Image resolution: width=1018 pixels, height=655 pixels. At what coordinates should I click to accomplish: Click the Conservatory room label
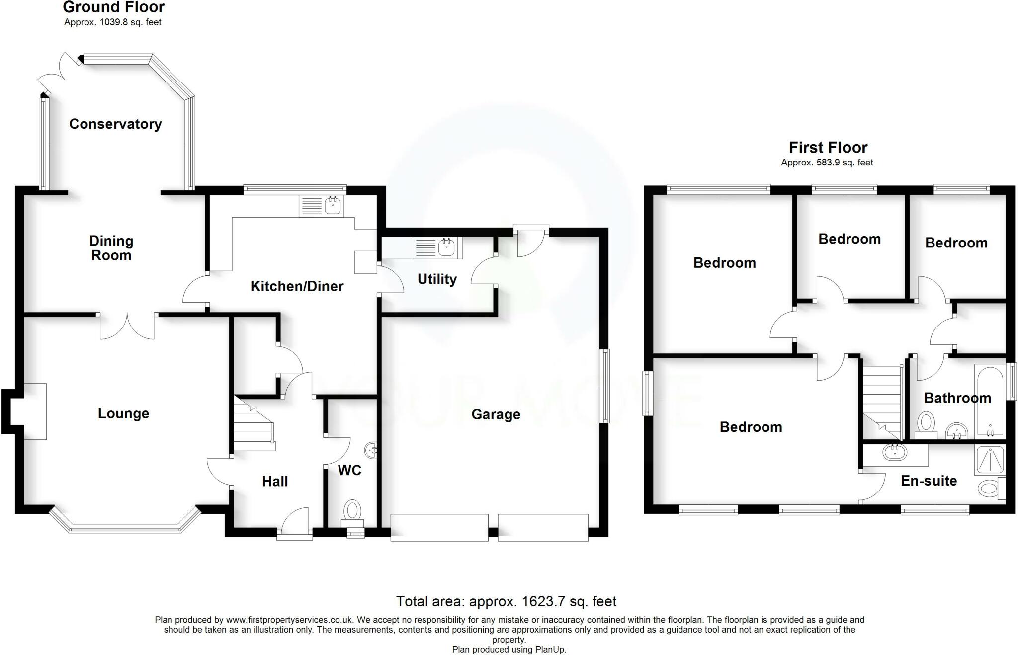[x=115, y=124]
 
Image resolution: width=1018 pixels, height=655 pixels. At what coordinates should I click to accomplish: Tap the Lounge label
[x=123, y=413]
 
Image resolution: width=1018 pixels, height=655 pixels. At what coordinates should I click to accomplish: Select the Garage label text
[x=496, y=414]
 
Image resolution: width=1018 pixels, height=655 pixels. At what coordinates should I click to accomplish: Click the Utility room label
[x=437, y=279]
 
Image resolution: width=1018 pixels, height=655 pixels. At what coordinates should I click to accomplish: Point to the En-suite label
[x=929, y=481]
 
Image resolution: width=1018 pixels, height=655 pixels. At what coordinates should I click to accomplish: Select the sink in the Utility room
[x=436, y=247]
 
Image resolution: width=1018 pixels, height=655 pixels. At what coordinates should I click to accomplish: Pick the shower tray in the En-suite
[x=990, y=459]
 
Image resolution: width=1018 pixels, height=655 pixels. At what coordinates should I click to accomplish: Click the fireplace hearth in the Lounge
[x=35, y=411]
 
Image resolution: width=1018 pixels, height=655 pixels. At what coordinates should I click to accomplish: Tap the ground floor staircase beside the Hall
[x=254, y=425]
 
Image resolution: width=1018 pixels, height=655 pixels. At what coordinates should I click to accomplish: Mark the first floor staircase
[x=882, y=402]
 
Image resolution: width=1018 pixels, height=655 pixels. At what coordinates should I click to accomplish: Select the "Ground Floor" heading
[x=114, y=7]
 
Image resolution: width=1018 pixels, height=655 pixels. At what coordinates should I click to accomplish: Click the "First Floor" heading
[x=828, y=148]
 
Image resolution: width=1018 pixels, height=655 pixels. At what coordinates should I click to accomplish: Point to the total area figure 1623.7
[x=543, y=602]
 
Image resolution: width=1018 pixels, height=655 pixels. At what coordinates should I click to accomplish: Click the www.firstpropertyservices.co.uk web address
[x=289, y=620]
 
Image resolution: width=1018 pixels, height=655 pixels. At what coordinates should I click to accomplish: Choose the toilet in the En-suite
[x=990, y=488]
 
